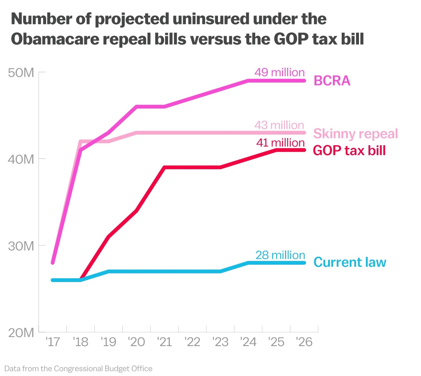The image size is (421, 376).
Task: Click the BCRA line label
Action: point(332,81)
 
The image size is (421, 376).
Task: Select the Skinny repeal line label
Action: point(355,133)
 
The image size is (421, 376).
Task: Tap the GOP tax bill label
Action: point(349,150)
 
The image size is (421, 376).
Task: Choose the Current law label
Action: point(349,262)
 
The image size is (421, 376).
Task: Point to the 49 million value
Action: point(280,72)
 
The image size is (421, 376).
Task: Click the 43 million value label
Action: point(280,125)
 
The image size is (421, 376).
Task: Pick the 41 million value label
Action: point(280,143)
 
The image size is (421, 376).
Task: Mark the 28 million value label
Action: point(280,255)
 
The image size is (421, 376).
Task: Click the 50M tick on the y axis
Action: point(21,73)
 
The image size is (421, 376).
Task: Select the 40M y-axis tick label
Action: point(21,159)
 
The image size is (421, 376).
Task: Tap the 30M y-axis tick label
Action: point(21,246)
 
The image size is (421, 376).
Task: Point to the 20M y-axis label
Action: point(21,333)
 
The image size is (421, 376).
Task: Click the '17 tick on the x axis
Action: point(53,342)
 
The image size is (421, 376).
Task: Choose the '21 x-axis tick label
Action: point(164,342)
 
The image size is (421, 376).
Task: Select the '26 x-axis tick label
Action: point(304,342)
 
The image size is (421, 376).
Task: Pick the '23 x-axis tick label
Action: point(220,342)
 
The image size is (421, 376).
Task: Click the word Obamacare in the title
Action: point(55,39)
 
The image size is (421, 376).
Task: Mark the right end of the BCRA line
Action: point(304,81)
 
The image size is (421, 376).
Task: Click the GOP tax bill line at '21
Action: point(164,167)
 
